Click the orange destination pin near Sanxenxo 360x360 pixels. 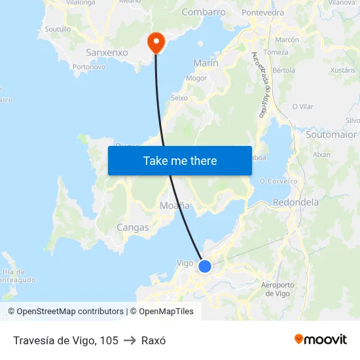click(156, 43)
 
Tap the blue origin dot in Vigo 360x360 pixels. click(205, 266)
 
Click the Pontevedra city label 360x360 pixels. click(262, 12)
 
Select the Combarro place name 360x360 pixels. click(204, 12)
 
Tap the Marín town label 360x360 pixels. click(206, 63)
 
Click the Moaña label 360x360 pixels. click(175, 206)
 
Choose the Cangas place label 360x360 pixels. click(132, 228)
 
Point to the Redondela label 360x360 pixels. click(295, 202)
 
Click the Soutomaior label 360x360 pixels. click(332, 134)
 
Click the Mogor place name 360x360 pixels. click(196, 78)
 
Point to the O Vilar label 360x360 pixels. click(302, 106)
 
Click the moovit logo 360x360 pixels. click(320, 340)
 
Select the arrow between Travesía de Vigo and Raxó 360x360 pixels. click(130, 340)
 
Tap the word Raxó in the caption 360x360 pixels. click(153, 340)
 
